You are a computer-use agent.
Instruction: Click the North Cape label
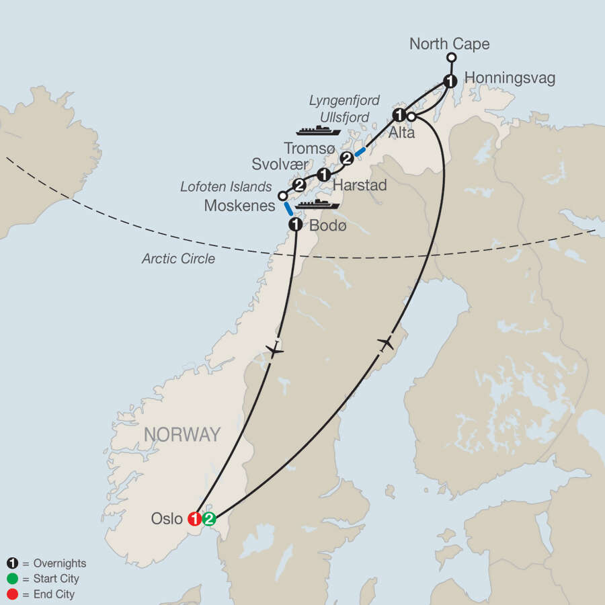pyautogui.click(x=450, y=45)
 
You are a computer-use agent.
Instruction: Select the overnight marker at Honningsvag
pyautogui.click(x=450, y=81)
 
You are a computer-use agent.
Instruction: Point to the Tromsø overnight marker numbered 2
pyautogui.click(x=347, y=159)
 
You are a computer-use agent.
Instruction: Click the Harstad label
pyautogui.click(x=360, y=185)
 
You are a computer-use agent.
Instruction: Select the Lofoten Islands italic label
pyautogui.click(x=225, y=186)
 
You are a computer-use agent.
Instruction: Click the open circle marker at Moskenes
pyautogui.click(x=282, y=196)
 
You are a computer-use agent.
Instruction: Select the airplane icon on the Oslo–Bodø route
pyautogui.click(x=274, y=350)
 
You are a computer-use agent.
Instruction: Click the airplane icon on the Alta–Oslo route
pyautogui.click(x=385, y=344)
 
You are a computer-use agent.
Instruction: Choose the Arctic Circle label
pyautogui.click(x=178, y=258)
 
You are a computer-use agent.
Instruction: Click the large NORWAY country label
pyautogui.click(x=182, y=434)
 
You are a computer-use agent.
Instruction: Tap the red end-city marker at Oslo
pyautogui.click(x=195, y=519)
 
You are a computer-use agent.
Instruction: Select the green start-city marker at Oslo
pyautogui.click(x=209, y=519)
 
